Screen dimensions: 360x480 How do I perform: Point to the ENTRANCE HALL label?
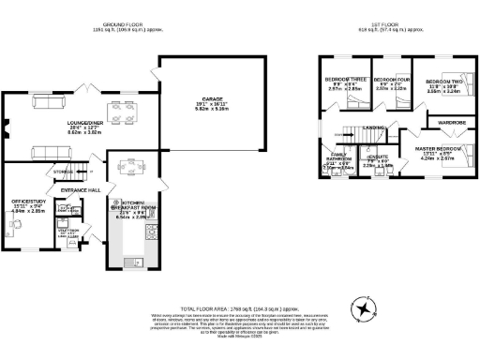pyautogui.click(x=81, y=191)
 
